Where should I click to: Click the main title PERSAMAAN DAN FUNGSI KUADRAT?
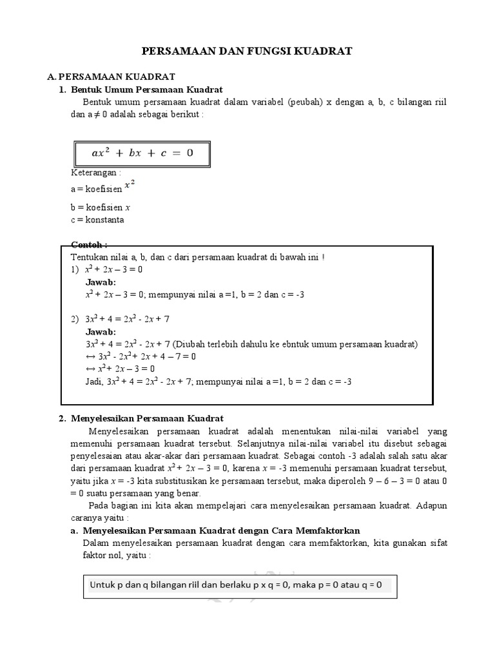click(247, 51)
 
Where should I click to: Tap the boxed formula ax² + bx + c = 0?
click(142, 153)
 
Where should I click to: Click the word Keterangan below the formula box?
click(96, 173)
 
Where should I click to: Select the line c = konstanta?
click(97, 219)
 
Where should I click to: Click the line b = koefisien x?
click(101, 208)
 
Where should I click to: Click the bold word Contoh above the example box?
click(89, 246)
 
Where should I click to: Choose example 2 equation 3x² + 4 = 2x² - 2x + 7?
click(127, 319)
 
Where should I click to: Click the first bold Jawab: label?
click(101, 282)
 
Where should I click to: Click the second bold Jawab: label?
click(101, 331)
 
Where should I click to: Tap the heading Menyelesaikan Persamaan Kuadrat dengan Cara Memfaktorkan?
click(219, 530)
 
